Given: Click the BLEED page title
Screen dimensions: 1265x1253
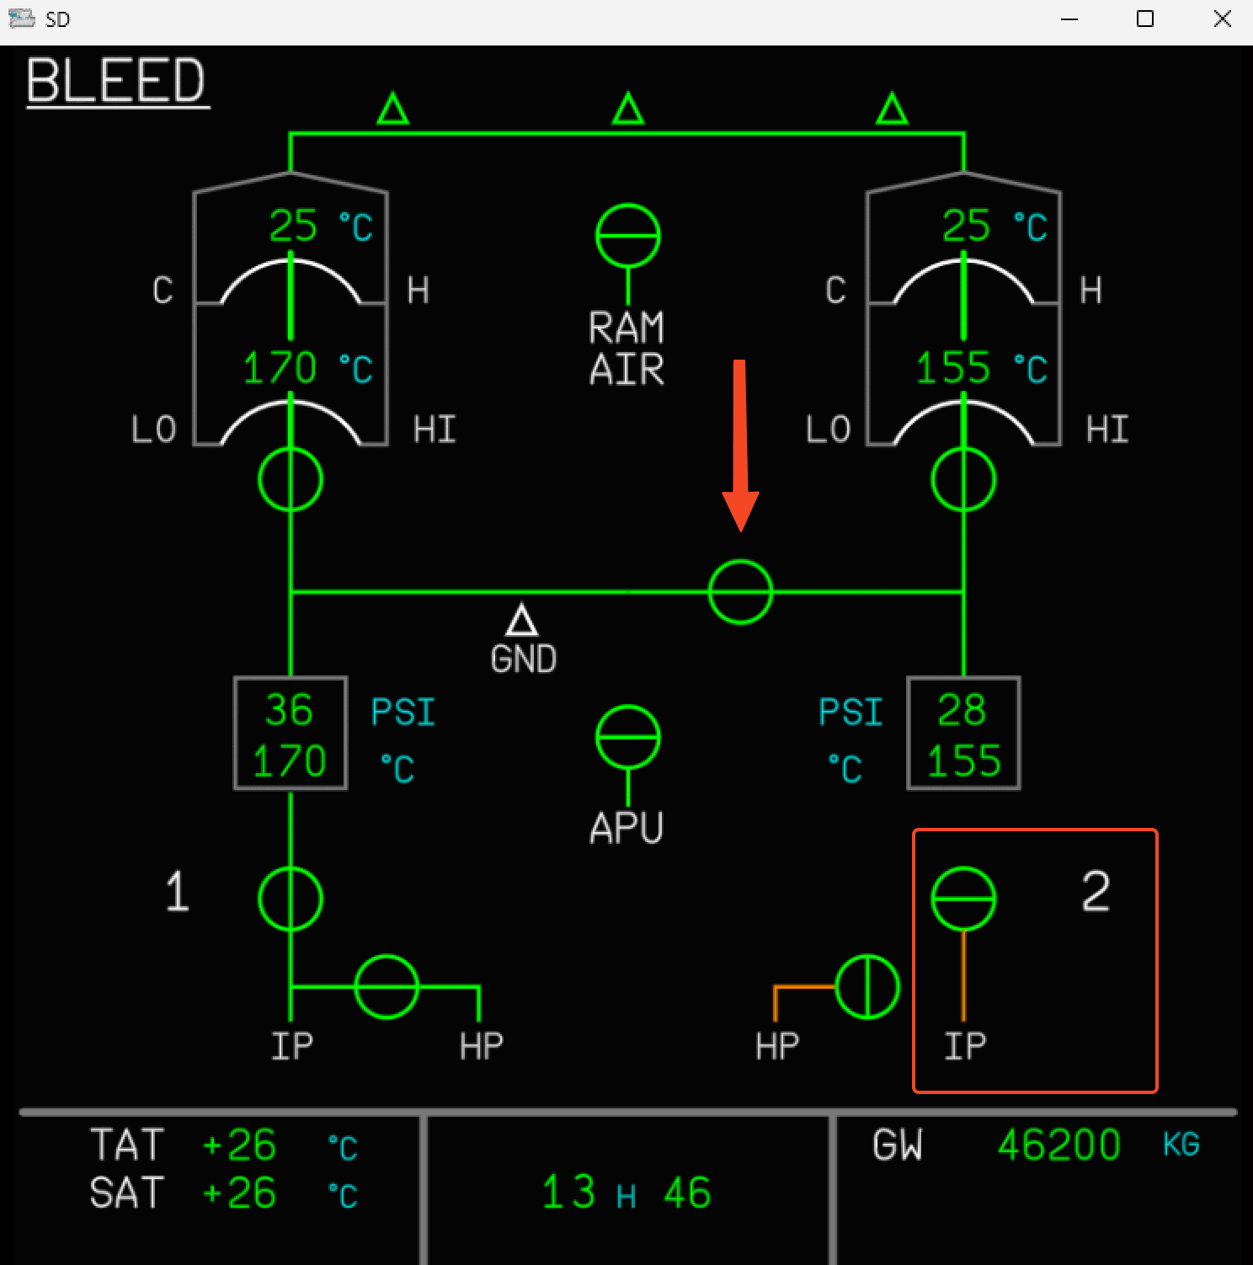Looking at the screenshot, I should (116, 81).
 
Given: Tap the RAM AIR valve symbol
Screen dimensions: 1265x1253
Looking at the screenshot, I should (627, 236).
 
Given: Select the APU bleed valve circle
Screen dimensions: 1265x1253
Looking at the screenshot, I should (627, 737).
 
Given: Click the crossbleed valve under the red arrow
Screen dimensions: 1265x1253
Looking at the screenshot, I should (740, 592).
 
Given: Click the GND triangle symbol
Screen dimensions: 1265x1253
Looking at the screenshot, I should (522, 621).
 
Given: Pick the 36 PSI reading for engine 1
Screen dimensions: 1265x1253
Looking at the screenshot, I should (289, 710).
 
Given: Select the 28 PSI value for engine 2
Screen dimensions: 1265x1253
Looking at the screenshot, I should (962, 710).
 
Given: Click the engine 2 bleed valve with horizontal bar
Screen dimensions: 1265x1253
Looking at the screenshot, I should (963, 899).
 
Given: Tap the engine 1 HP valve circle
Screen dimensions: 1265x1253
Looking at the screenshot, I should (387, 986).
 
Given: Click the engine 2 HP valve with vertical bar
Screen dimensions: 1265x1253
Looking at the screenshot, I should (867, 986).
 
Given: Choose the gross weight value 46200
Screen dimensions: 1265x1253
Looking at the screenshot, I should (1058, 1145).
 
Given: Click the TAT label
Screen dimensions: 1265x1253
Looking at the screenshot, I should (126, 1145).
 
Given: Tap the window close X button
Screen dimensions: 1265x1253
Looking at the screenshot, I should (1223, 19).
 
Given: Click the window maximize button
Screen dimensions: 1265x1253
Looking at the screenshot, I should (1145, 19).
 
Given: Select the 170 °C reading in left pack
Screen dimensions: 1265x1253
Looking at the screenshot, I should (280, 368).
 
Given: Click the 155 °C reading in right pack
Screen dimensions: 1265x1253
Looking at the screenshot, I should (952, 368).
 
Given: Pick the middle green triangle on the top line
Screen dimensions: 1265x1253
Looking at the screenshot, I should (627, 110).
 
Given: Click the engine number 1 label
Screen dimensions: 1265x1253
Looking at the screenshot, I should (177, 891).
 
